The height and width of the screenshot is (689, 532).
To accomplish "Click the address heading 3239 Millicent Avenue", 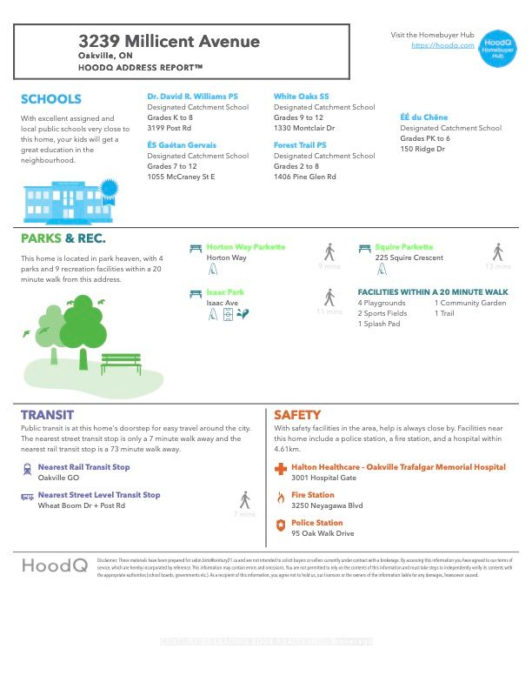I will [169, 41].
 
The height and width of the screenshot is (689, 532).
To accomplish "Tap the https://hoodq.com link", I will [442, 45].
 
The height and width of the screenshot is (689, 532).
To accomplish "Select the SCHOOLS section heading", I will [50, 99].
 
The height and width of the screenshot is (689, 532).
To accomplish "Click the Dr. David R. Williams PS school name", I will [192, 97].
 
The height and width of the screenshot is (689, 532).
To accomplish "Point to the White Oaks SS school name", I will [302, 97].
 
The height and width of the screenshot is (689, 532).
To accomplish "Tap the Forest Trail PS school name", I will [300, 145].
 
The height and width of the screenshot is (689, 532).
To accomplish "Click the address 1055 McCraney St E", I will [181, 177].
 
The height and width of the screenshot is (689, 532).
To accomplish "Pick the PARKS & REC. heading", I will [63, 238].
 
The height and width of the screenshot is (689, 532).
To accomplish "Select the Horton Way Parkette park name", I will [245, 247].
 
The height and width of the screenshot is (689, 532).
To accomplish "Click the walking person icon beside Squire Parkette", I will [497, 252].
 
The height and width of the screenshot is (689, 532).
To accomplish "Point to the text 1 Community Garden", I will [470, 303].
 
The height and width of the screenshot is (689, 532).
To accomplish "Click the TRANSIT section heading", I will [47, 415].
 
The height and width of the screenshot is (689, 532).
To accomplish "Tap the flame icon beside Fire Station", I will [280, 498].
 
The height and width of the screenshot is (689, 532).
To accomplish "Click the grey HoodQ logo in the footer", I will [54, 565].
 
